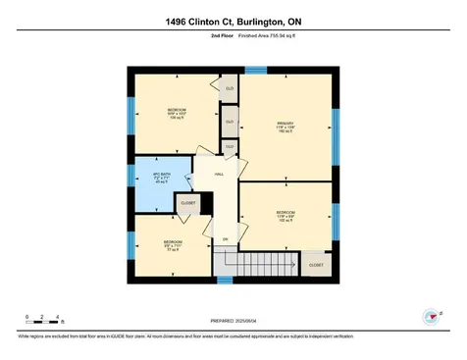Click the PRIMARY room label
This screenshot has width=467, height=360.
coord(285,127)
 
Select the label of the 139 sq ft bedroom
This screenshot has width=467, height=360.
coord(177,113)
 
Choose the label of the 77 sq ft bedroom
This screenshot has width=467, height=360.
coord(172,245)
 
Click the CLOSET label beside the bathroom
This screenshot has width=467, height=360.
coord(187,203)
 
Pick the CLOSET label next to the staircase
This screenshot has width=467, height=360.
coord(316,265)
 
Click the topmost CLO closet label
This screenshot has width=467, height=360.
coord(230,89)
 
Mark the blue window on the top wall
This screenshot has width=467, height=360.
coord(255,70)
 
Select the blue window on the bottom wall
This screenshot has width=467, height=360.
coord(225,282)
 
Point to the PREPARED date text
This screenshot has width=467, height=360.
coord(233,321)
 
